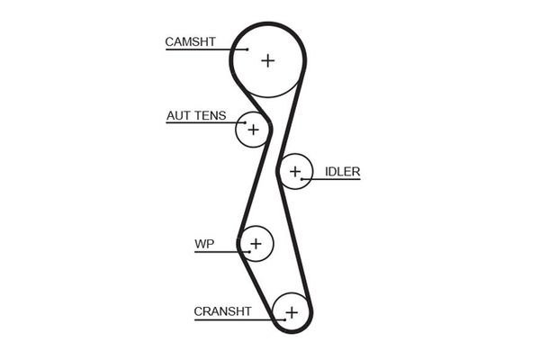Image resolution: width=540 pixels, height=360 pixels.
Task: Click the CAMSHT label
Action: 190,41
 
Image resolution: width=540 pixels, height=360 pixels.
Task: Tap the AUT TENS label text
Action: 196,116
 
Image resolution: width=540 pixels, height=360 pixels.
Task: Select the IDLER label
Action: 342,172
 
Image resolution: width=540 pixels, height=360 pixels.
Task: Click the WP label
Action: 204,244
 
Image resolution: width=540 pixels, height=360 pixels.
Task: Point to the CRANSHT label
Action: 222,311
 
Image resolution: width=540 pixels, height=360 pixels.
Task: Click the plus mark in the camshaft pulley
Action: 267,61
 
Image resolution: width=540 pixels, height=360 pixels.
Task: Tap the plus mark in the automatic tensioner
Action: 253,130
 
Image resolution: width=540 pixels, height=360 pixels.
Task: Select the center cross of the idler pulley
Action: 295,171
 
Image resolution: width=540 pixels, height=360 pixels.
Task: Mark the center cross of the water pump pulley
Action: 256,244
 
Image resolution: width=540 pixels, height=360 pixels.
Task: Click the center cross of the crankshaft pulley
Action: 292,313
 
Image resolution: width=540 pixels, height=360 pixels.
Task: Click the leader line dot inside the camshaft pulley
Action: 247,49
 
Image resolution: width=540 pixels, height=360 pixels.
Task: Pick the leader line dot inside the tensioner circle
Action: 245,122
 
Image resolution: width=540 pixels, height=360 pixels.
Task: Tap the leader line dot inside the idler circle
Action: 301,179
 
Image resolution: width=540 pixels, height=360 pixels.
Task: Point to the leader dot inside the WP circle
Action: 249,252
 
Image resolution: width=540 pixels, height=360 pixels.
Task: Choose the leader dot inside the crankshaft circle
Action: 284,320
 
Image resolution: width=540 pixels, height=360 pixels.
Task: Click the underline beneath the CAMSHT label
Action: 207,49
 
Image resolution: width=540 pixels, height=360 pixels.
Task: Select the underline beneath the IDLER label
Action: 330,179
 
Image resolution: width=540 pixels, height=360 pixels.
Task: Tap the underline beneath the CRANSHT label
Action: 239,320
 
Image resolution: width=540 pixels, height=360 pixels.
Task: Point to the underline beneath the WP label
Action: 222,252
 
